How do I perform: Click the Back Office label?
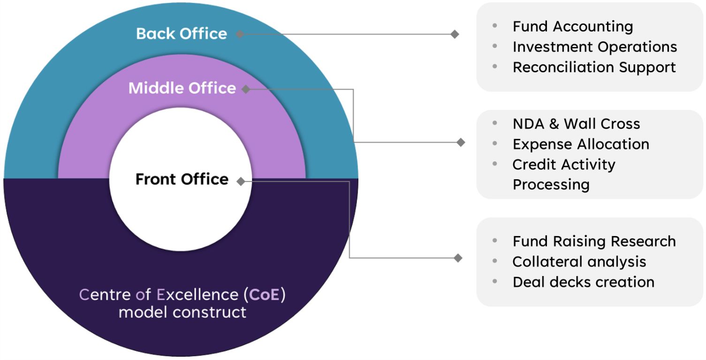coord(182,34)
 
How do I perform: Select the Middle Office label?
coord(182,88)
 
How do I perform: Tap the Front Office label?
coord(182,179)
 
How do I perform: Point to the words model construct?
coord(182,312)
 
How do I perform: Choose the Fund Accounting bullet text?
coord(573,26)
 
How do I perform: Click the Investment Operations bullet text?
coord(595,47)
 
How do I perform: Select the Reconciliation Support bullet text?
coord(594,67)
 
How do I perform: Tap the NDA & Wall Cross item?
coord(576,124)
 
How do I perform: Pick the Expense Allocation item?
coord(581,144)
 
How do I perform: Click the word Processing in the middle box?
coord(551,184)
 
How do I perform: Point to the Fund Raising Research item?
coord(594,241)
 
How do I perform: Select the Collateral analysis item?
coord(579,261)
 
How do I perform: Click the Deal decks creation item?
coord(584,282)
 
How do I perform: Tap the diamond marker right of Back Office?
coord(240,34)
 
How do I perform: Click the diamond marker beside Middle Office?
coord(246,89)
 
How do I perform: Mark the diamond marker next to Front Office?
coord(241,181)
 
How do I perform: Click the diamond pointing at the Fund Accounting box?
coord(455,34)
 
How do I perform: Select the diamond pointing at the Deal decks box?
coord(458,258)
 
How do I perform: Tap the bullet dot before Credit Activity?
coord(495,164)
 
